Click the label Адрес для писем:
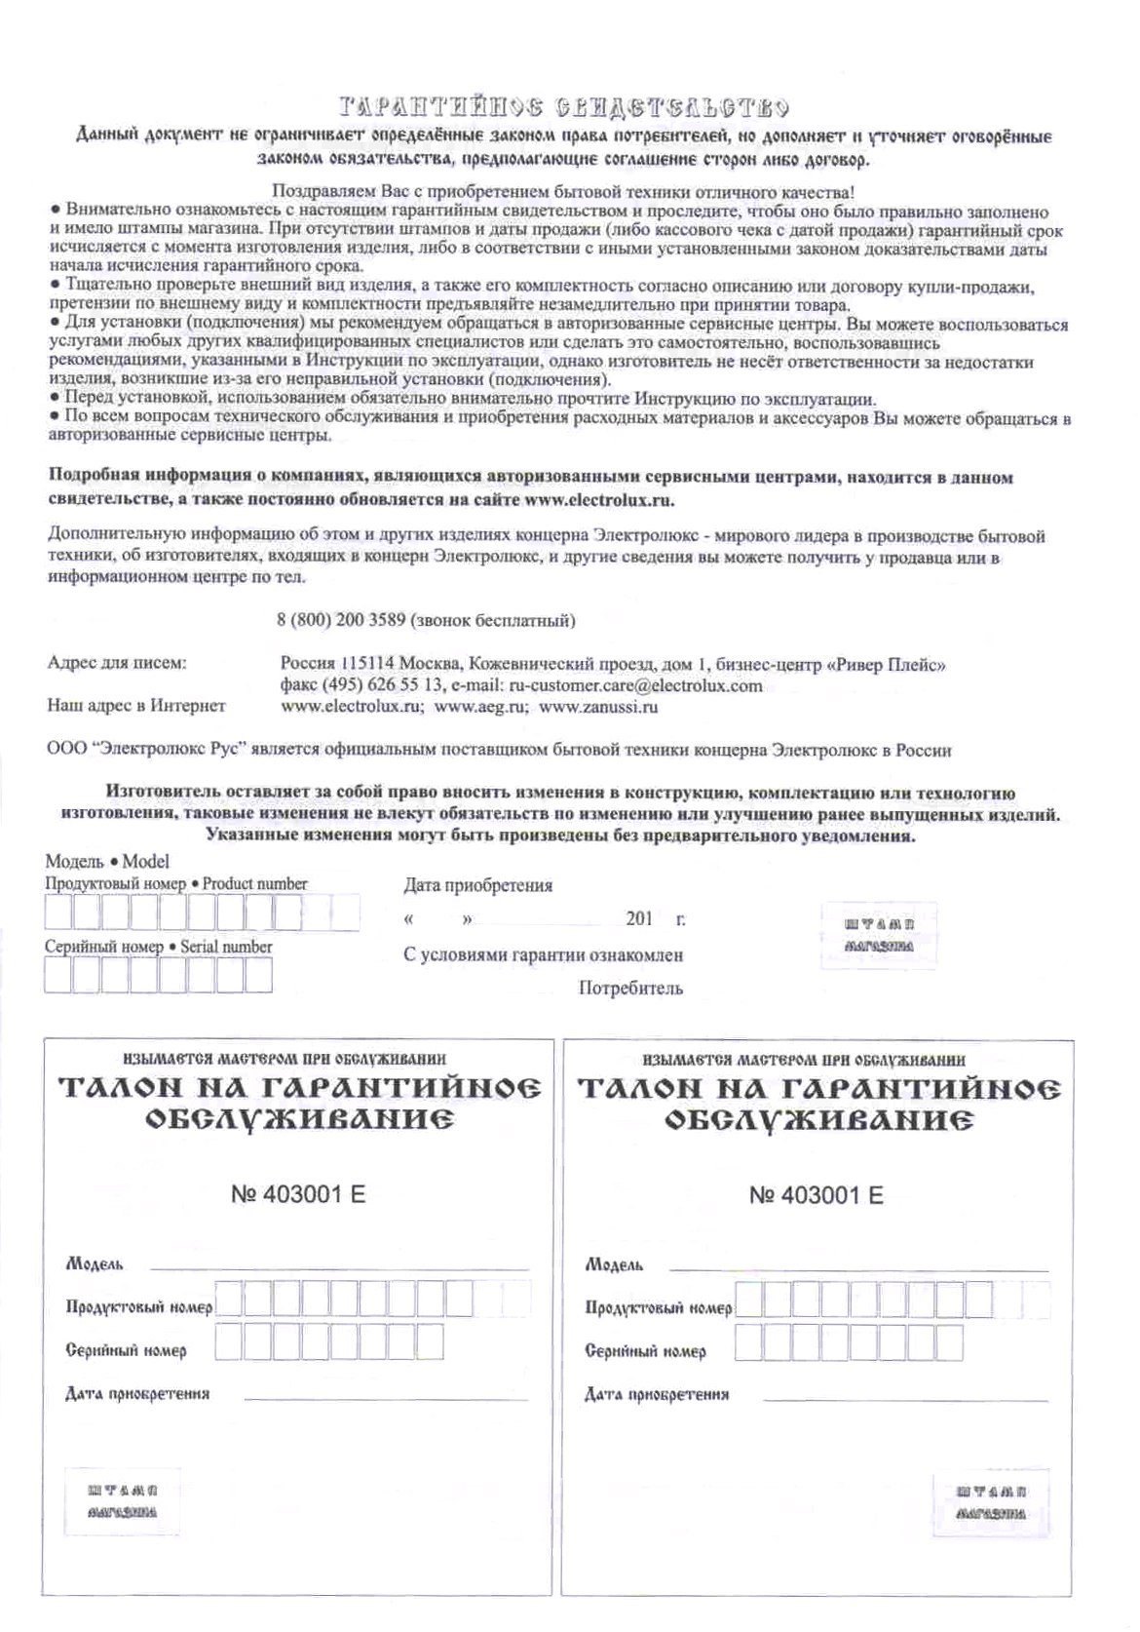point(117,663)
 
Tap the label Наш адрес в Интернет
point(136,706)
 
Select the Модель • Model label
point(107,862)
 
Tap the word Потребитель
point(630,989)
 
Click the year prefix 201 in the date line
point(640,918)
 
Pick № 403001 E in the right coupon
point(817,1195)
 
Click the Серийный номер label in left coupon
point(126,1351)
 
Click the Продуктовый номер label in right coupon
point(658,1308)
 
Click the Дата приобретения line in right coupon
point(905,1400)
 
